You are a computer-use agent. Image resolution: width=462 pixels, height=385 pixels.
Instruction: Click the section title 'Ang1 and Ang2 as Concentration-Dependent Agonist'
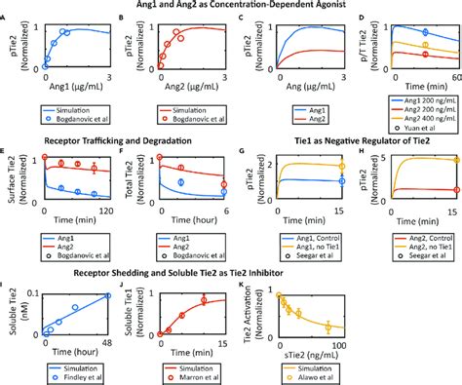coord(231,7)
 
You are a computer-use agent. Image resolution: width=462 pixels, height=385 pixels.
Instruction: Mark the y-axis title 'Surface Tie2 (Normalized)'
coord(12,178)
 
